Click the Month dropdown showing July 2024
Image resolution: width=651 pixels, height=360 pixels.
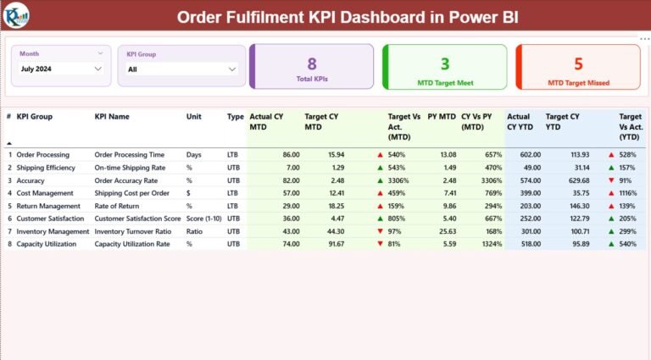pyautogui.click(x=61, y=69)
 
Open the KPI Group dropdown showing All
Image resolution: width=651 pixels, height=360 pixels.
pyautogui.click(x=180, y=69)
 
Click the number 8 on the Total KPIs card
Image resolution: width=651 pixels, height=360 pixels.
pyautogui.click(x=311, y=64)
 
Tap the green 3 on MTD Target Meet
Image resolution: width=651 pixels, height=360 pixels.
pyautogui.click(x=445, y=64)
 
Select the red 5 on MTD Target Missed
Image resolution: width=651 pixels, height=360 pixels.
pyautogui.click(x=578, y=64)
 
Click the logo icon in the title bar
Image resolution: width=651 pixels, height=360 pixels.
pyautogui.click(x=17, y=15)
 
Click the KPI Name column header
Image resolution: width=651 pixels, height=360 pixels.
pyautogui.click(x=112, y=117)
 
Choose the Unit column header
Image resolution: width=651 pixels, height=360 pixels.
pyautogui.click(x=194, y=117)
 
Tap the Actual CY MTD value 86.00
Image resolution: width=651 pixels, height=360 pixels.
pyautogui.click(x=291, y=155)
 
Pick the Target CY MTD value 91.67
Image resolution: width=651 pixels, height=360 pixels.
pyautogui.click(x=336, y=244)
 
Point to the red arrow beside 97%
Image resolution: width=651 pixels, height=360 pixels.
pyautogui.click(x=380, y=231)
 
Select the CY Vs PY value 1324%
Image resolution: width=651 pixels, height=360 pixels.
pyautogui.click(x=493, y=244)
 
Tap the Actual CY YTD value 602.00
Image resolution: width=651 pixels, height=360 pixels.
pyautogui.click(x=531, y=155)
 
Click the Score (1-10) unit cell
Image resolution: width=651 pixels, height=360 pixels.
pyautogui.click(x=204, y=219)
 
